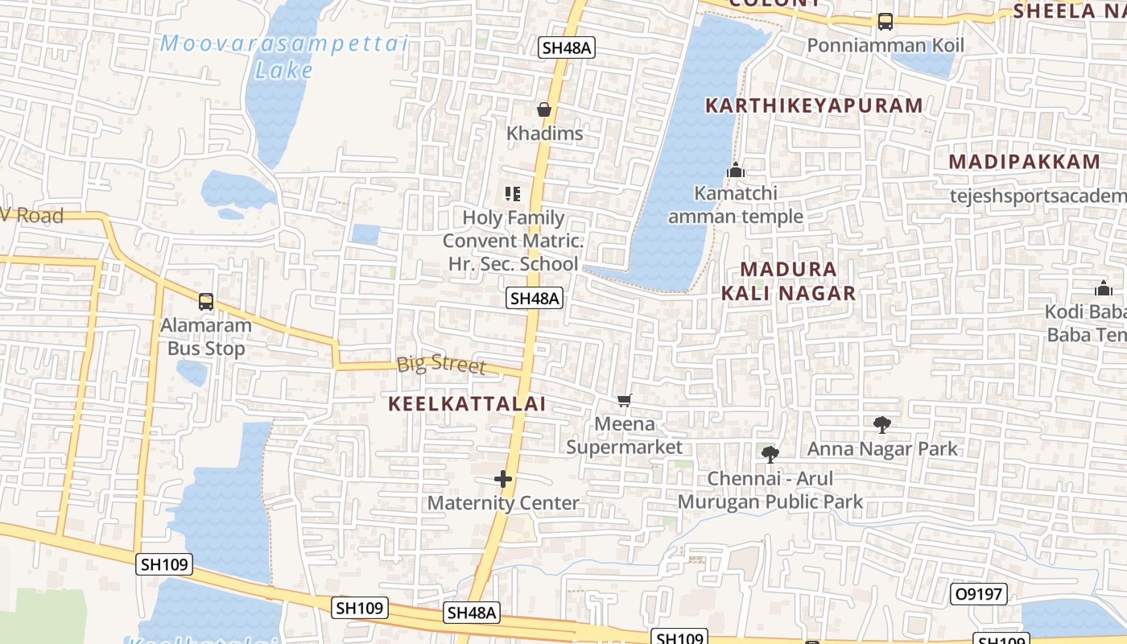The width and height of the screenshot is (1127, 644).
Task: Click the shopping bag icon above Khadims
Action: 545,109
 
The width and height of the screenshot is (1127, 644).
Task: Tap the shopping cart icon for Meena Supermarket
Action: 624,400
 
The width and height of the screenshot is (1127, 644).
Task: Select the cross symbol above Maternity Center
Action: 503,480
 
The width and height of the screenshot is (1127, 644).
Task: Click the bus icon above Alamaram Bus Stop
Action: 206,302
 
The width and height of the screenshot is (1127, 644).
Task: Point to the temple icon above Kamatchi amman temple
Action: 735,170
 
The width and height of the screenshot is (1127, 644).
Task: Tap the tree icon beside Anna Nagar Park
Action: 882,425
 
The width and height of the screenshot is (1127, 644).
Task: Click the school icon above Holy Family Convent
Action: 513,193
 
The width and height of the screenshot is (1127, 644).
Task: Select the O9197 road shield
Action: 979,595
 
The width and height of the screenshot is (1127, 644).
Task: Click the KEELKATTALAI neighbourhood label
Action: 468,404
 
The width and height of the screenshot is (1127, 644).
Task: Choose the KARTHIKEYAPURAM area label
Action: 814,105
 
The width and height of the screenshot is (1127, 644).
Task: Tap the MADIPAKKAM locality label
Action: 1024,161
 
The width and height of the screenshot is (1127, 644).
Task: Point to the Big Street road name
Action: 441,364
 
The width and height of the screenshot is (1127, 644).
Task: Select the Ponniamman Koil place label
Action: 885,45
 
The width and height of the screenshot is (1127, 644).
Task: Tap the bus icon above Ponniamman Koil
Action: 885,22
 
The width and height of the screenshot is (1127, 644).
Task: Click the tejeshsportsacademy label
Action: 1038,196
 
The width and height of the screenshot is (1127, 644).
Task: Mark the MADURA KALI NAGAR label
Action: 788,281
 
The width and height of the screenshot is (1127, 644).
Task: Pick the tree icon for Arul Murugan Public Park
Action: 770,455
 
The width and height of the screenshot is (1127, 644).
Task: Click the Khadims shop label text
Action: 545,134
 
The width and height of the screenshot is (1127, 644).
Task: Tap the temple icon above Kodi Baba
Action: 1103,288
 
